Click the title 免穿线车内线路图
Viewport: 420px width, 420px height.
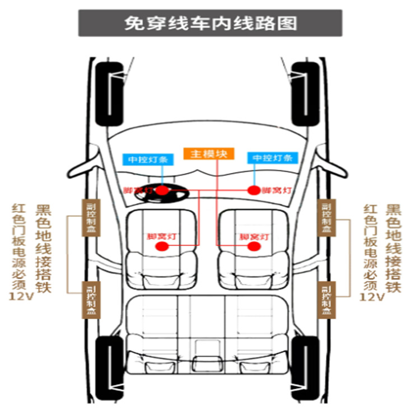point(209,23)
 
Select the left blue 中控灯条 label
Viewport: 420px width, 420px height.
point(148,158)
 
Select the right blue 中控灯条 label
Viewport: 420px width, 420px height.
point(273,158)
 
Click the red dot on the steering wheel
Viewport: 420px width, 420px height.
point(162,190)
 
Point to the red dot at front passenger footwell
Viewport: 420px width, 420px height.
point(254,190)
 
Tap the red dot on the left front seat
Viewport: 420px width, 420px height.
point(166,246)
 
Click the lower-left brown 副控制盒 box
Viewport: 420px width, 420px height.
point(91,300)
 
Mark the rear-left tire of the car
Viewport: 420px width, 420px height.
point(110,367)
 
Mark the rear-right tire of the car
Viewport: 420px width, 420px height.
point(306,367)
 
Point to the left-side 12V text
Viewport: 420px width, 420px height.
point(20,296)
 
